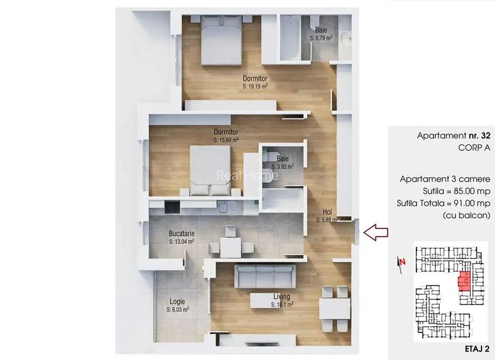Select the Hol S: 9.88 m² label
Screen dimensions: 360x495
[327, 215]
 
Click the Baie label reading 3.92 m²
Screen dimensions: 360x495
[282, 162]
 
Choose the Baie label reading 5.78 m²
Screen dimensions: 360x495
[321, 34]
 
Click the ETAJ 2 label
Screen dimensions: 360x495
[476, 349]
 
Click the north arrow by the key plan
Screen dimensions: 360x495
[402, 262]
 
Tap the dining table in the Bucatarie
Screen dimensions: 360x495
[230, 246]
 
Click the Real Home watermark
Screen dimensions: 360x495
[247, 175]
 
